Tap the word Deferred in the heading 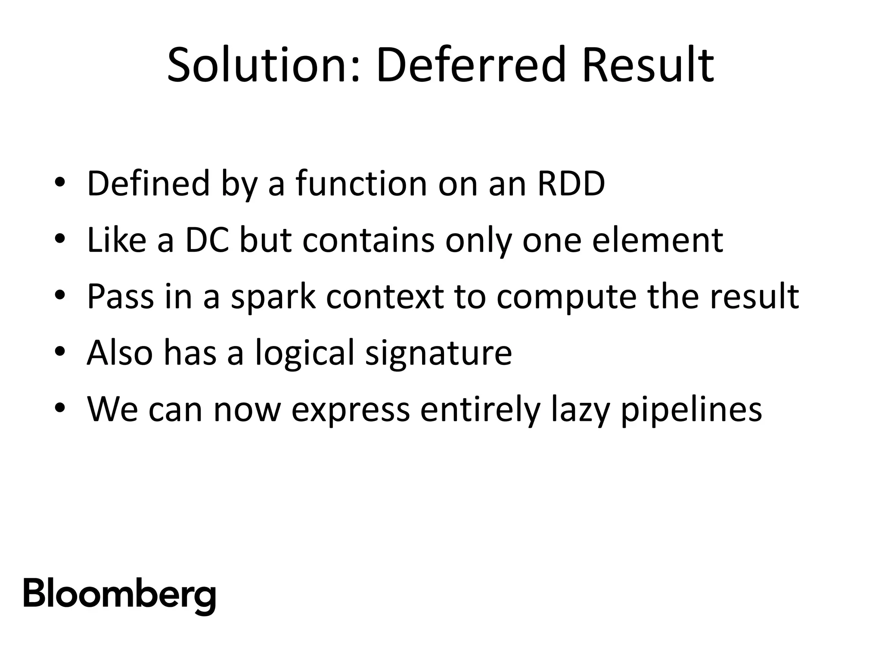(470, 65)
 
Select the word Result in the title (648, 65)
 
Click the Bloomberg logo (119, 595)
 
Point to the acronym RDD (571, 184)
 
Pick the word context (385, 297)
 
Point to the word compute (566, 297)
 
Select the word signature (438, 353)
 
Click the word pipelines (691, 410)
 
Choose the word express (351, 410)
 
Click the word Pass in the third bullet (120, 297)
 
